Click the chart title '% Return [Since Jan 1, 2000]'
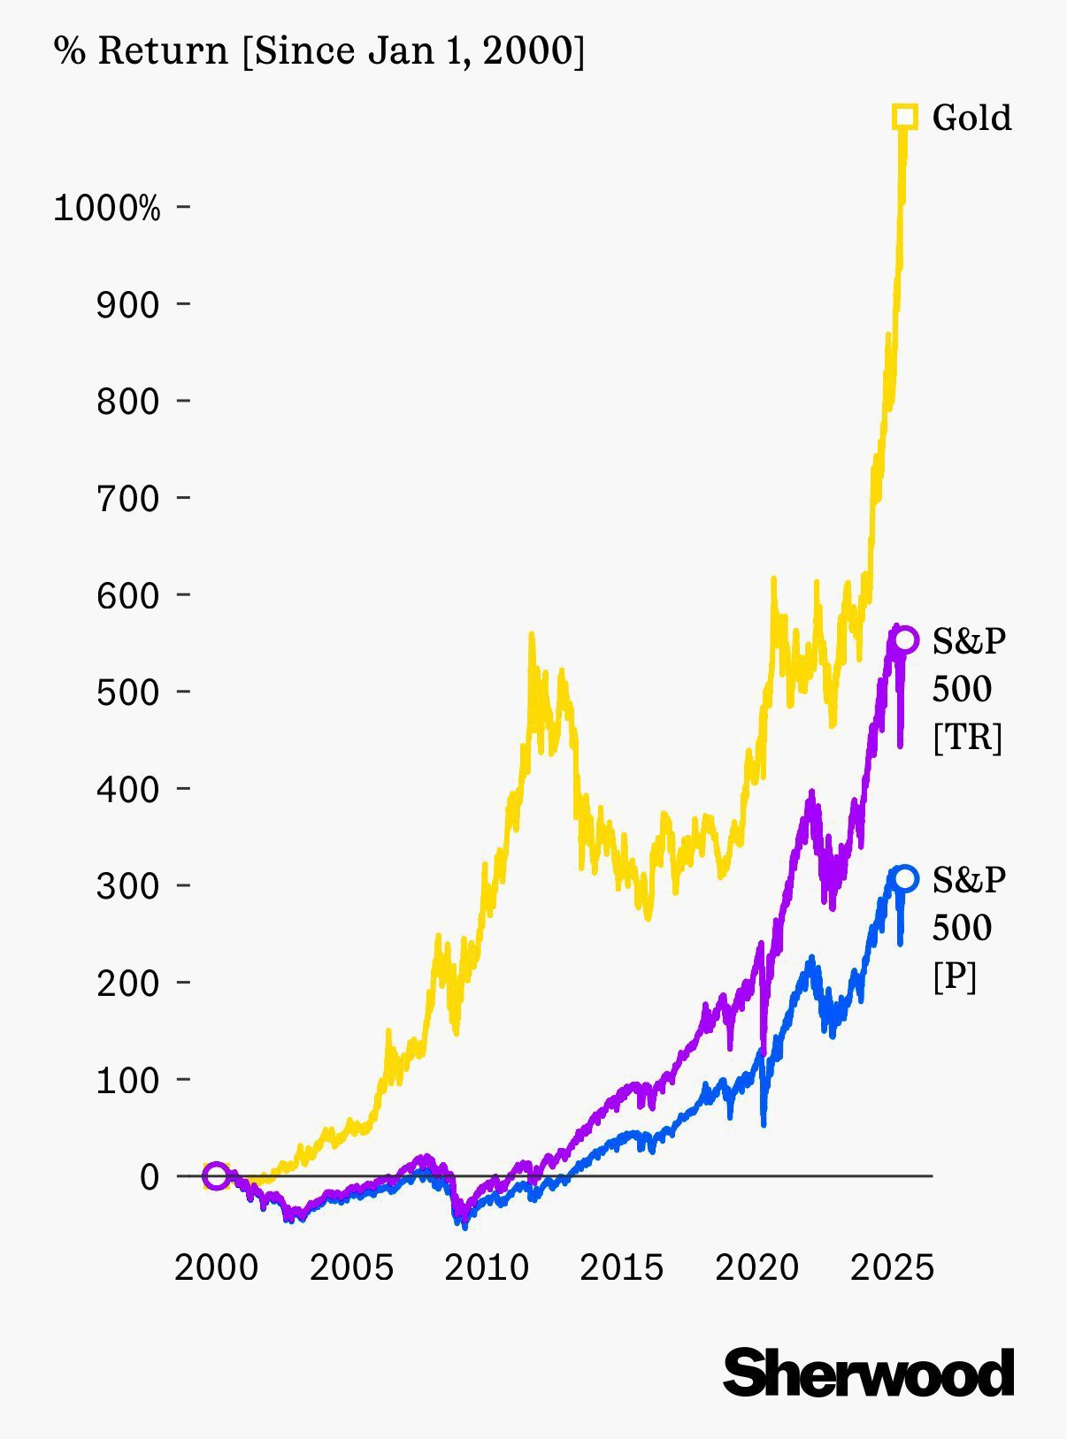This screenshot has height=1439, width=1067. pyautogui.click(x=319, y=50)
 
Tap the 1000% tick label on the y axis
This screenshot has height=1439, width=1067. pyautogui.click(x=107, y=209)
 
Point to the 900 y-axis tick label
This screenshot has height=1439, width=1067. pyautogui.click(x=127, y=305)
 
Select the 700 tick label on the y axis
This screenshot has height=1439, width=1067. pyautogui.click(x=127, y=499)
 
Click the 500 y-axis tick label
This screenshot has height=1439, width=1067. pyautogui.click(x=127, y=693)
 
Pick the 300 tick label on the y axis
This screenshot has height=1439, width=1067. pyautogui.click(x=127, y=885)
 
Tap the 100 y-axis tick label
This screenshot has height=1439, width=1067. pyautogui.click(x=127, y=1080)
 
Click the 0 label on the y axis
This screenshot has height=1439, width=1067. pyautogui.click(x=150, y=1177)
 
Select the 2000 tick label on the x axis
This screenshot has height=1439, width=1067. pyautogui.click(x=217, y=1268)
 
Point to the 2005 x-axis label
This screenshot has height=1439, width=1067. pyautogui.click(x=351, y=1268)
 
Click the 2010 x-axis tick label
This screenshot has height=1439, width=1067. pyautogui.click(x=487, y=1268)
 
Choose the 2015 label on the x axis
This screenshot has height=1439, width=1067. pyautogui.click(x=621, y=1268)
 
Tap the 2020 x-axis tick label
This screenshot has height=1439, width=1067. pyautogui.click(x=756, y=1268)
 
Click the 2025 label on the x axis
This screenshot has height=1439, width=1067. pyautogui.click(x=892, y=1268)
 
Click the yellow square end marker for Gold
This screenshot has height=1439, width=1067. pyautogui.click(x=904, y=117)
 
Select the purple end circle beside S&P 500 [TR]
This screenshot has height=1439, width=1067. pyautogui.click(x=905, y=639)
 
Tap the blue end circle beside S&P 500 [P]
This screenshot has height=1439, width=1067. pyautogui.click(x=904, y=878)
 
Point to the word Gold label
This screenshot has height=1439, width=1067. pyautogui.click(x=971, y=118)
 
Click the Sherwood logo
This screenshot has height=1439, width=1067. pyautogui.click(x=868, y=1373)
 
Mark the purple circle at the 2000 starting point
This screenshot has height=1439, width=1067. pyautogui.click(x=217, y=1176)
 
